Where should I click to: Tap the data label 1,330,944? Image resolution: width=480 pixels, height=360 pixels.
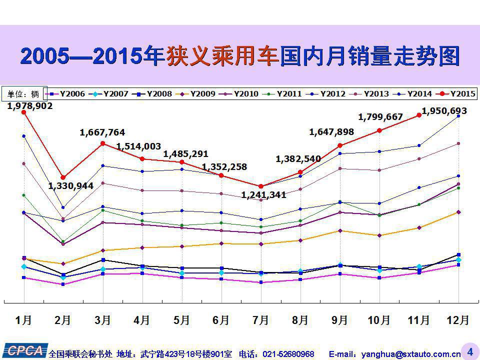[x=71, y=186]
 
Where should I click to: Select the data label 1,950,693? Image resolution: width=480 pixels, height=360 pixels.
[x=444, y=110]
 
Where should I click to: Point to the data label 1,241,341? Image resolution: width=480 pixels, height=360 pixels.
[x=263, y=195]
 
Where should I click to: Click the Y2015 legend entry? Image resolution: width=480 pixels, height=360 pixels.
[x=457, y=93]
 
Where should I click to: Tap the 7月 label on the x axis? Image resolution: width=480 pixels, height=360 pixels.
[x=260, y=320]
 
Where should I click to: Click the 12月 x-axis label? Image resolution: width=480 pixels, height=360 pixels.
[x=457, y=320]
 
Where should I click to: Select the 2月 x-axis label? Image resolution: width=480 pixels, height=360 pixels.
[x=63, y=320]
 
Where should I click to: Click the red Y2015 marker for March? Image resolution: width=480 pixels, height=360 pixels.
[x=102, y=143]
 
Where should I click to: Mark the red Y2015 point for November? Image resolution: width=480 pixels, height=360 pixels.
[x=419, y=115]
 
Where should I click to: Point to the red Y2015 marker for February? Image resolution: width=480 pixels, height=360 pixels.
[x=63, y=177]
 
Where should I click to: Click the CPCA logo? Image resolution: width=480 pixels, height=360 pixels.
[x=24, y=350]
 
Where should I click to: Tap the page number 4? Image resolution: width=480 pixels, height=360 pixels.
[x=469, y=351]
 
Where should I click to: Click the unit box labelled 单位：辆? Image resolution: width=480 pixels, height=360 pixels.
[x=24, y=93]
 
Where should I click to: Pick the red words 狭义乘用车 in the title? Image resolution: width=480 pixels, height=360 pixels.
[x=221, y=56]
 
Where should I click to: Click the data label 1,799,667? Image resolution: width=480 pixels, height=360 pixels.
[x=380, y=117]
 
